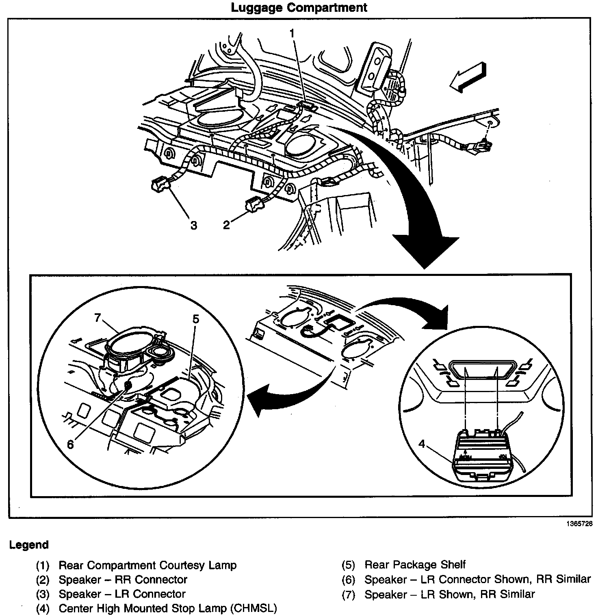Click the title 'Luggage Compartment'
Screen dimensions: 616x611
click(x=299, y=8)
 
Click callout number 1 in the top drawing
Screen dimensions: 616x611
click(x=292, y=33)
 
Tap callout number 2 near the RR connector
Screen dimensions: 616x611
click(x=227, y=225)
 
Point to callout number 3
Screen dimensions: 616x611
click(x=194, y=225)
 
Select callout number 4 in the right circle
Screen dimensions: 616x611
click(x=422, y=444)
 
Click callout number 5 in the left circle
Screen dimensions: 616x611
click(x=196, y=319)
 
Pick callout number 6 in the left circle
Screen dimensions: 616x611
click(x=70, y=445)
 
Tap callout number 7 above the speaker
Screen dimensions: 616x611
click(x=97, y=317)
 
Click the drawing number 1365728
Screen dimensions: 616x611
click(x=579, y=524)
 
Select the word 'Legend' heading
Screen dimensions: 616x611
click(x=29, y=545)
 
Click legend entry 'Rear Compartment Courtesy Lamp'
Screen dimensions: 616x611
click(x=147, y=565)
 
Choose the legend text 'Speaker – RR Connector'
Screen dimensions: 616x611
click(x=123, y=580)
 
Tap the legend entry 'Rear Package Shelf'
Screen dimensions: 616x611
click(x=415, y=565)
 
